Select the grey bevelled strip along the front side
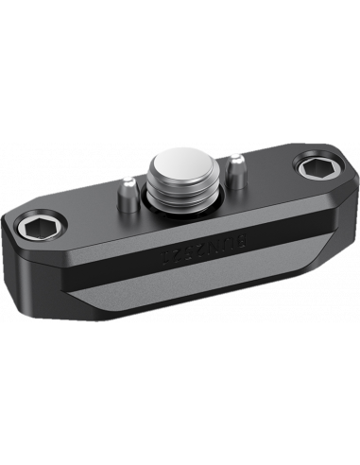click(189, 302)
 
